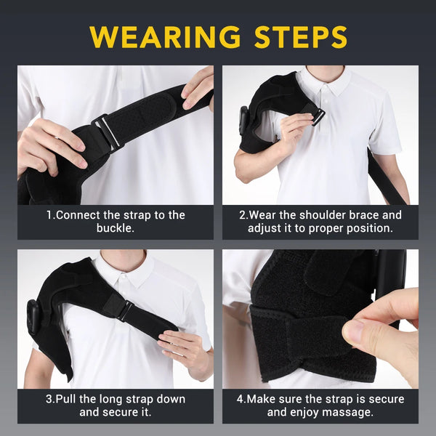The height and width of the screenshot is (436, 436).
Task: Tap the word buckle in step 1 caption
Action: tap(116, 227)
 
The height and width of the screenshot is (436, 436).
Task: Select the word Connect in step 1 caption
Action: tap(79, 215)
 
